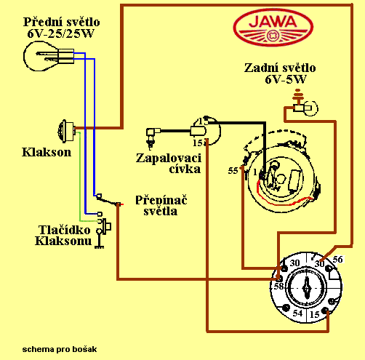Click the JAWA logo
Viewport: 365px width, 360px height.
(273, 27)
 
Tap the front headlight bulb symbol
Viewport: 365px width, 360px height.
(49, 56)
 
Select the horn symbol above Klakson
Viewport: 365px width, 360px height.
(66, 131)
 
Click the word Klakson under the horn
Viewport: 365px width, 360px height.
(47, 152)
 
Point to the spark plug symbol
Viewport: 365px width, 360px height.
(152, 137)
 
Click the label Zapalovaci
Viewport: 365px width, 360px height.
(169, 159)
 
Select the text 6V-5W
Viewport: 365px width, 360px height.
(286, 79)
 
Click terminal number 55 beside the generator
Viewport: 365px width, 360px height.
(233, 171)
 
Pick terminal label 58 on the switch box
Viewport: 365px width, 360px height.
(278, 287)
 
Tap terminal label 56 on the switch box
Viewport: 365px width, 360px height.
(337, 260)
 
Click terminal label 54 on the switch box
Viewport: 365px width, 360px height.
(297, 313)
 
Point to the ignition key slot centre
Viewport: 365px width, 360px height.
(307, 287)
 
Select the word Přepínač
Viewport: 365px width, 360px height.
(161, 200)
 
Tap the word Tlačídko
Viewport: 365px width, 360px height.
(65, 230)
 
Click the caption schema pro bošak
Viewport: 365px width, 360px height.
(60, 349)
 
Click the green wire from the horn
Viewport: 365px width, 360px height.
(80, 177)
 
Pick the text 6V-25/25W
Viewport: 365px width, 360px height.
(60, 33)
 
